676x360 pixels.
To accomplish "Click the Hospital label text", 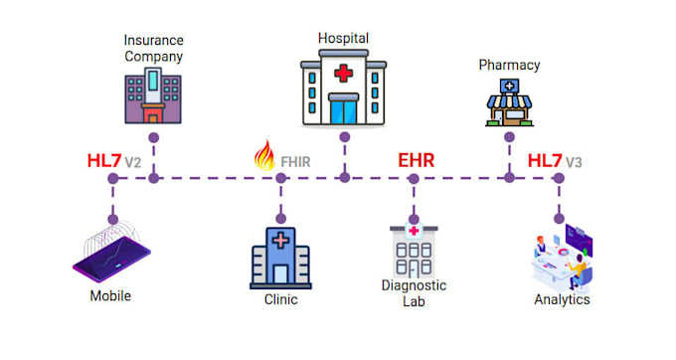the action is tap(343, 39).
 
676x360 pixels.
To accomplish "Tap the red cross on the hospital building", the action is tap(343, 74).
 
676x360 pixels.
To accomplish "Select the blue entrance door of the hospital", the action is tap(344, 111).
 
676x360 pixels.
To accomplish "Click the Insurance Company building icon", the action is tap(153, 95).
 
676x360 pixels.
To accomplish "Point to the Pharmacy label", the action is tap(509, 65).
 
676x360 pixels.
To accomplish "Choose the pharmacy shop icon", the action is tap(509, 102).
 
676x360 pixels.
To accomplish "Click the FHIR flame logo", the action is tap(264, 155).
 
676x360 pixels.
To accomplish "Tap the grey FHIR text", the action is tap(295, 162).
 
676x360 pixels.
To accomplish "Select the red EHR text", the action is tap(416, 160).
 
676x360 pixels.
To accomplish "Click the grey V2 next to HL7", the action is tap(133, 162).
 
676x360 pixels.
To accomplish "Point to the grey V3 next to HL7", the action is tap(574, 162).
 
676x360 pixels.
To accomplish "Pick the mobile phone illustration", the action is tap(111, 253).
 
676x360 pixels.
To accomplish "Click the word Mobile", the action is tap(110, 295).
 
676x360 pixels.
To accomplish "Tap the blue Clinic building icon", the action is tap(280, 259).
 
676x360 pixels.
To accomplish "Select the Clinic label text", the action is tap(280, 299).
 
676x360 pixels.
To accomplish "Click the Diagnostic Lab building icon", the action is tap(414, 251).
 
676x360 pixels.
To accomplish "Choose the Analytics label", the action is tap(562, 299).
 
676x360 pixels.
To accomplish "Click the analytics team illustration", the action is tap(562, 258).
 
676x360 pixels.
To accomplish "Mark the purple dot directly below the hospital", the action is tap(345, 137).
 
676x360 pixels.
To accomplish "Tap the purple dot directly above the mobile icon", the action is tap(113, 220).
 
